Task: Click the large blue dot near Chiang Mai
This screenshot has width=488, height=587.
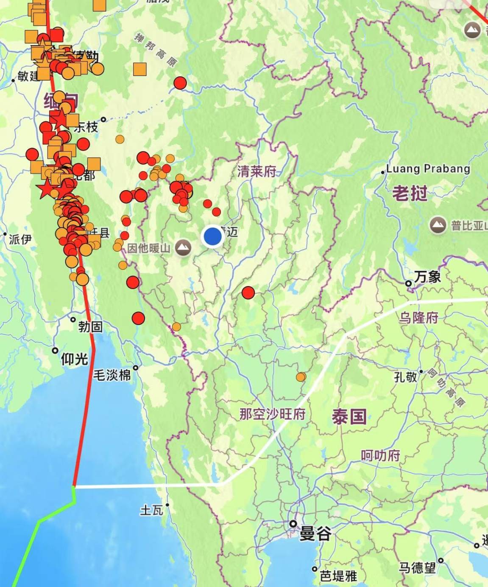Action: (x=213, y=236)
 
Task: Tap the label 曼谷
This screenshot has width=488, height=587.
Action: (x=315, y=534)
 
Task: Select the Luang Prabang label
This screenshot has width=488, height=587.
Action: (x=428, y=169)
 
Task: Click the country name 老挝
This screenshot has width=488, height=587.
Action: (x=410, y=194)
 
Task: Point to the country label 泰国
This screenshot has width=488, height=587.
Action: (x=349, y=417)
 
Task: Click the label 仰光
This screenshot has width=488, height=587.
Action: (x=74, y=360)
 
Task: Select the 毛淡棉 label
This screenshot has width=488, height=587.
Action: (x=112, y=375)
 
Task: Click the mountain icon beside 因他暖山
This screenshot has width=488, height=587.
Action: (x=183, y=247)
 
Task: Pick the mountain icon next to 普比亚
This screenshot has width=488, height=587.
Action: (x=438, y=225)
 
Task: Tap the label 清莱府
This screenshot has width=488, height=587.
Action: (x=257, y=171)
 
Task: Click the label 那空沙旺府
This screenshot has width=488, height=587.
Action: (x=272, y=414)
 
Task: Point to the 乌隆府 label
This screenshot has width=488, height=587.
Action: (x=418, y=317)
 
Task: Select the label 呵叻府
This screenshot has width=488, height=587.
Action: (x=380, y=456)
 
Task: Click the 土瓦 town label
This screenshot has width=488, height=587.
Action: (x=151, y=510)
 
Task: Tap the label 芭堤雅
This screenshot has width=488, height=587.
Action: (x=338, y=576)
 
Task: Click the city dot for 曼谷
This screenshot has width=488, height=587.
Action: (x=293, y=524)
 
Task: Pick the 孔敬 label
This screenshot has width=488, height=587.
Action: (x=405, y=377)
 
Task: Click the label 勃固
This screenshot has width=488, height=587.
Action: (x=90, y=327)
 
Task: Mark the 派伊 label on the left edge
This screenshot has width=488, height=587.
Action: (x=20, y=239)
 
